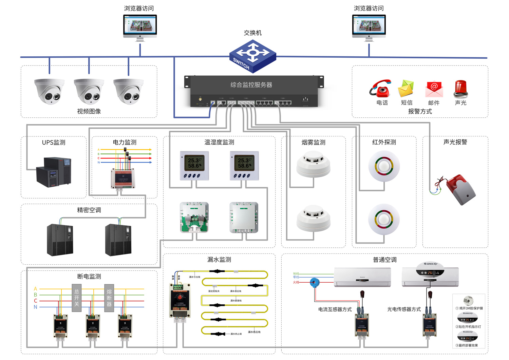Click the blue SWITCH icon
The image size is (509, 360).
click(x=252, y=56)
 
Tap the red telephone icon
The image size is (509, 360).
click(x=381, y=89)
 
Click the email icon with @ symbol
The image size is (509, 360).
click(x=434, y=89)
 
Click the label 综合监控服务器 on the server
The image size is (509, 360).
click(x=251, y=85)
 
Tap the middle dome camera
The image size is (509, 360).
click(x=89, y=91)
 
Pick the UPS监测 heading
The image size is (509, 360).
click(x=54, y=143)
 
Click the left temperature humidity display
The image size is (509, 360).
click(x=194, y=166)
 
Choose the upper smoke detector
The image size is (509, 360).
click(x=313, y=164)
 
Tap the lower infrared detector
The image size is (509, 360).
click(x=384, y=219)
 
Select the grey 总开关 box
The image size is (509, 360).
click(x=77, y=298)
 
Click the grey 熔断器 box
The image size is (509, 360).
click(x=109, y=298)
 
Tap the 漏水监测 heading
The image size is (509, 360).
click(x=219, y=260)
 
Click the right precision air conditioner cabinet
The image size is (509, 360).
click(x=118, y=240)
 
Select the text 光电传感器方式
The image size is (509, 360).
click(x=404, y=309)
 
